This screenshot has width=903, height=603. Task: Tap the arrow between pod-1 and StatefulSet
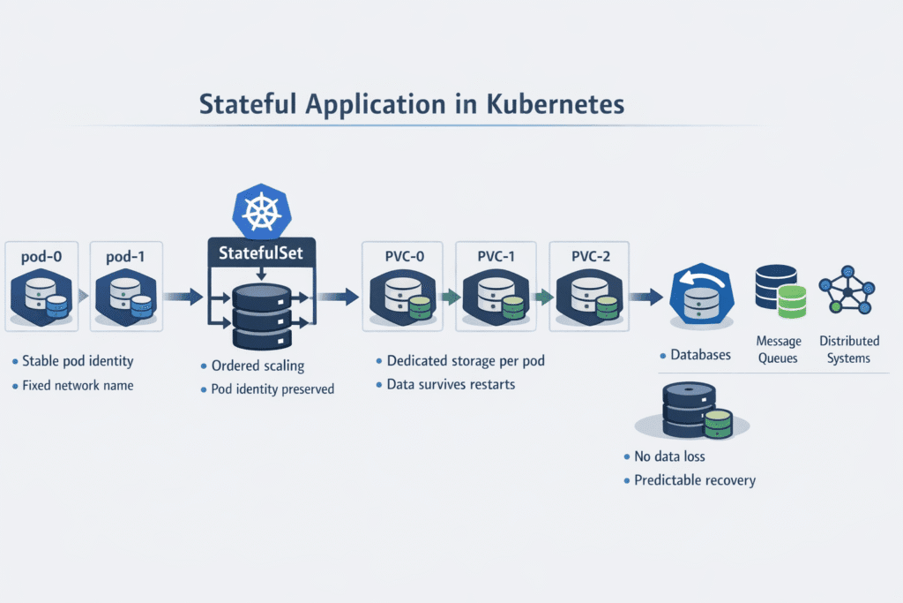[x=183, y=298]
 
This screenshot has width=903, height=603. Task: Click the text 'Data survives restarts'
[x=450, y=384]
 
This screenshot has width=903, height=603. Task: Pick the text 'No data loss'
[x=669, y=457]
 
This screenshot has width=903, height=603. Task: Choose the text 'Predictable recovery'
[x=695, y=480]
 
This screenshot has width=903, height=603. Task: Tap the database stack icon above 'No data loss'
[x=697, y=412]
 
